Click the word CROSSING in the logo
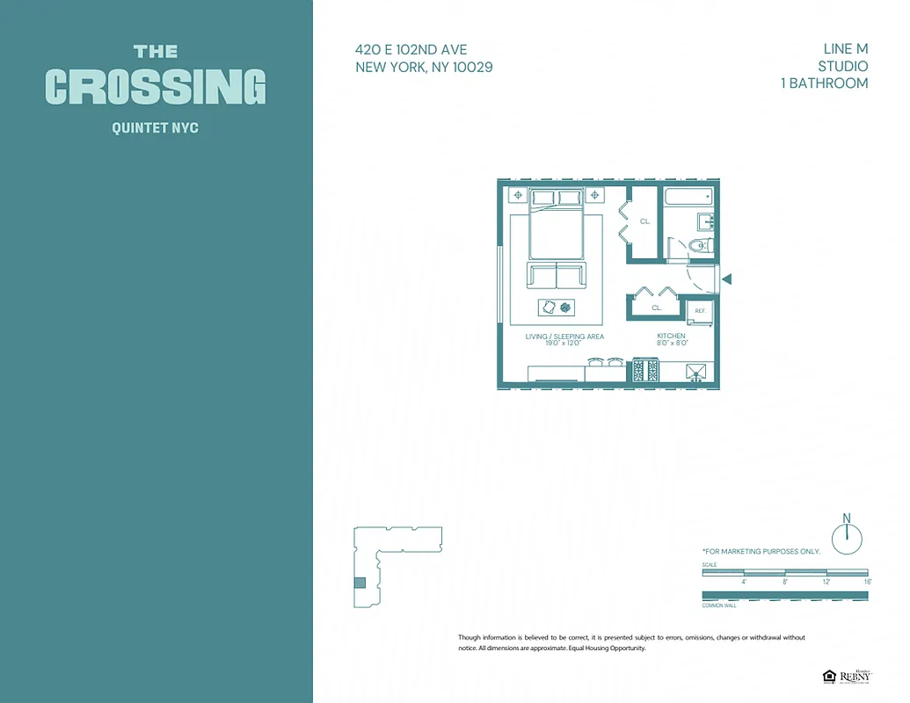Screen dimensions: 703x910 coord(156,87)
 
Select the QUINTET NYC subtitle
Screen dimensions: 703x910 coord(156,128)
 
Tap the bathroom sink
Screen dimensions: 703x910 coord(705,221)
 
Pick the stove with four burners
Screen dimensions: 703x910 coord(645,370)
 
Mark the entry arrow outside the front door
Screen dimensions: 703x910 coord(726,279)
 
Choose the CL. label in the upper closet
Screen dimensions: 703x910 coord(644,221)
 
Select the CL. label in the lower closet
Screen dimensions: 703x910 coord(656,308)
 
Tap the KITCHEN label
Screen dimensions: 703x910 coord(671,336)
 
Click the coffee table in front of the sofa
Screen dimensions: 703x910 coord(556,307)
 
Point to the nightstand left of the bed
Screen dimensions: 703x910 coord(518,194)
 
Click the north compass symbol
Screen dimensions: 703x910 coord(847,537)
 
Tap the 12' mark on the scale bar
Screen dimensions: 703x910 coord(826,582)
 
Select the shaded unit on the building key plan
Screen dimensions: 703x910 coord(359,582)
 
